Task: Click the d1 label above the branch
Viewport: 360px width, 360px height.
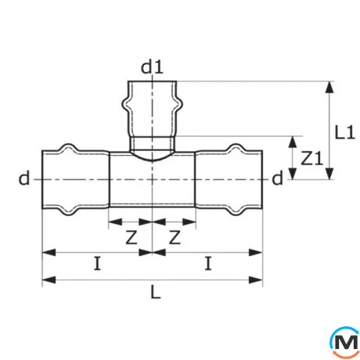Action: tap(153, 69)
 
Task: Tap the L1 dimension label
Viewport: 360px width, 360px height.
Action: tap(345, 131)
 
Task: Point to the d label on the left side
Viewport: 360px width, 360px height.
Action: tap(25, 180)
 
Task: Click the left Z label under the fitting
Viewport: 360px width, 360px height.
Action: tap(130, 236)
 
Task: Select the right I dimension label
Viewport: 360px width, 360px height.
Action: tap(208, 265)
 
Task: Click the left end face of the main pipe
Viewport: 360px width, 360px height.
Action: tap(43, 180)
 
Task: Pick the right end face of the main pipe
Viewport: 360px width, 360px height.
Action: tap(262, 180)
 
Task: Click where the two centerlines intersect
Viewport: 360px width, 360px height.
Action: tap(153, 180)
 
